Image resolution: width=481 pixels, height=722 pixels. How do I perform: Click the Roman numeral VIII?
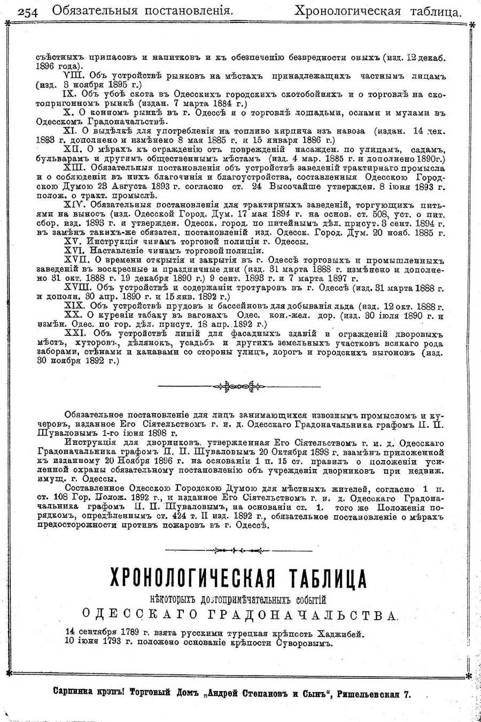[74, 76]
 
